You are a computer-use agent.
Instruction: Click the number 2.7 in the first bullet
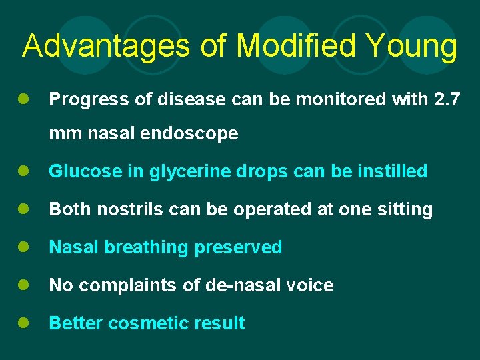pyautogui.click(x=446, y=99)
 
